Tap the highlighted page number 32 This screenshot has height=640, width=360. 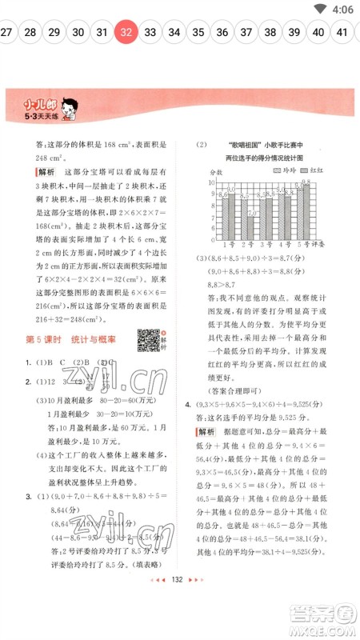pos(126,33)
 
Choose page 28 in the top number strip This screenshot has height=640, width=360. pos(30,33)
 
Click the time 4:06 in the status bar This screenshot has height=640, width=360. pos(340,10)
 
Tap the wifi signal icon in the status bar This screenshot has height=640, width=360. pos(320,10)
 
